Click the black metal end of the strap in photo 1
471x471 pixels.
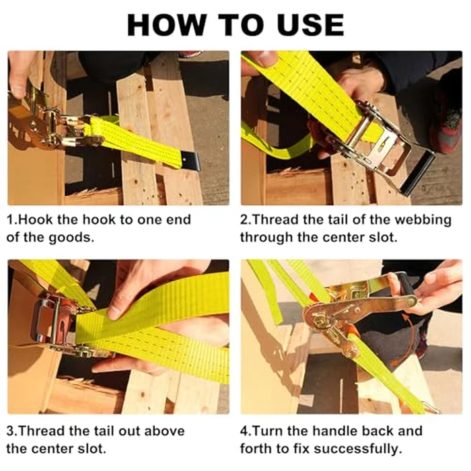[191, 161]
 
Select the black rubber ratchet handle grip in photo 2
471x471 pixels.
[419, 173]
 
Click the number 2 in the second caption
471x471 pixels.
[244, 220]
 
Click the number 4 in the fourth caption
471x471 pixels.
[244, 431]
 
